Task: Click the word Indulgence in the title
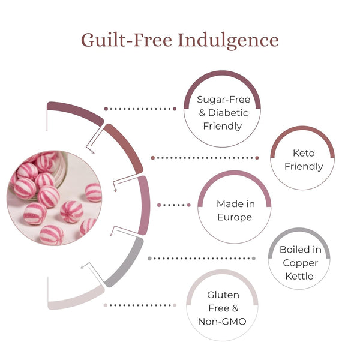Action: tap(227, 40)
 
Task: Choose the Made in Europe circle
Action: tap(235, 210)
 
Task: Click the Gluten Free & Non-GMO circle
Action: tap(223, 308)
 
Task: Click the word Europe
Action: tap(235, 217)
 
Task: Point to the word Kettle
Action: tap(299, 276)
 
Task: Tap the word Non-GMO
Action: tap(223, 321)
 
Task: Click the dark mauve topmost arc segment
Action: tap(75, 110)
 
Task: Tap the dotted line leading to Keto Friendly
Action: tap(204, 158)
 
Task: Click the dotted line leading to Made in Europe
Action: tap(174, 205)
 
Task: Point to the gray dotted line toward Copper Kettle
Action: tap(201, 259)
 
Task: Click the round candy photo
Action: tap(54, 198)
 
